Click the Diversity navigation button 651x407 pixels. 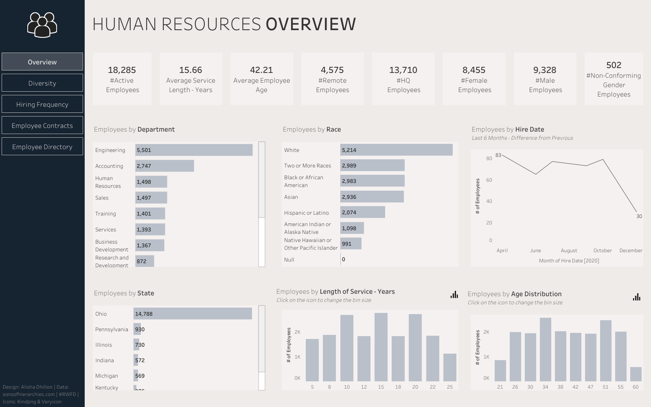42,83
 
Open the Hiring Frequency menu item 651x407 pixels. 42,104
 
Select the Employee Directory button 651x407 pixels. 42,147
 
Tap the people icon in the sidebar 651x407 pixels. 42,25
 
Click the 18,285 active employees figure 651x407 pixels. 122,70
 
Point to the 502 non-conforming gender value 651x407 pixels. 614,65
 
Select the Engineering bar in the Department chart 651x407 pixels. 194,150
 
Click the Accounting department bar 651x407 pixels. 164,166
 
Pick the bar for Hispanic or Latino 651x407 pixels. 363,212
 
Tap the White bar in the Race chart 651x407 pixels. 397,150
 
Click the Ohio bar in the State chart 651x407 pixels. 193,314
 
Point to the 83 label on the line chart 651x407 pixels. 498,155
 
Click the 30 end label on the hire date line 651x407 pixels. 639,216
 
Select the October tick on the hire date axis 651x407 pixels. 603,251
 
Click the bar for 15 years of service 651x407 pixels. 381,347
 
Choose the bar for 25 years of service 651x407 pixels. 449,367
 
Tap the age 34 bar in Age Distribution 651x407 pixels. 545,350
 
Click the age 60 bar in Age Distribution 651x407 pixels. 636,374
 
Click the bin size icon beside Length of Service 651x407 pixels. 454,295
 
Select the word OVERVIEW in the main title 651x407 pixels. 311,24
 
